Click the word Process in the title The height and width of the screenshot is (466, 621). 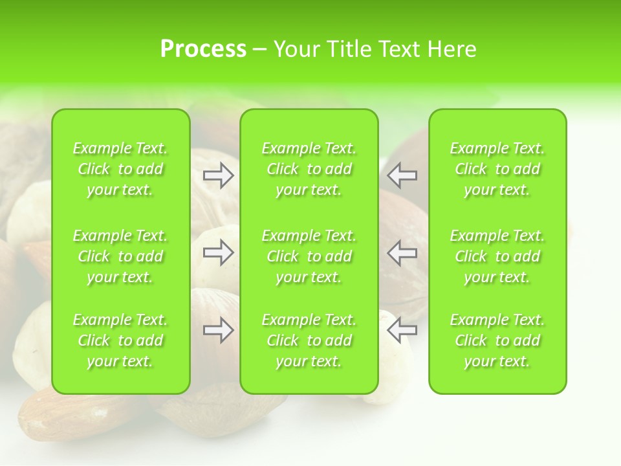point(203,49)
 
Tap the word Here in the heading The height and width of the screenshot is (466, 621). point(452,49)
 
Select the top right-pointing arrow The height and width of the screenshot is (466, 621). point(219,175)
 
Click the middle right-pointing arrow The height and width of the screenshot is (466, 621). point(219,252)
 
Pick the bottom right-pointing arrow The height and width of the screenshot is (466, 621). point(219,331)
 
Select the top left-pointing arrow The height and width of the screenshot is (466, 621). point(402,175)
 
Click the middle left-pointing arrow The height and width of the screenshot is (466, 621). point(402,252)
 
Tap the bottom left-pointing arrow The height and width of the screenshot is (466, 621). point(402,331)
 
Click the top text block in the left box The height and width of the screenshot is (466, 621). point(120,169)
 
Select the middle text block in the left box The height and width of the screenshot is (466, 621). point(120,256)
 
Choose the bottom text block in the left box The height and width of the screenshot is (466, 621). point(120,340)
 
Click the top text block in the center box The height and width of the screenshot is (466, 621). point(309,169)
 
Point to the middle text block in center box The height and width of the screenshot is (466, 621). point(309,256)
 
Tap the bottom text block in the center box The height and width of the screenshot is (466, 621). point(309,340)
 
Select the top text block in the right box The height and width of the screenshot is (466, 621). point(497,169)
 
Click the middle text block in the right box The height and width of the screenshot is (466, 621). point(497,256)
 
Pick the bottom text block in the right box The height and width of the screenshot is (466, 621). point(497,340)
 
